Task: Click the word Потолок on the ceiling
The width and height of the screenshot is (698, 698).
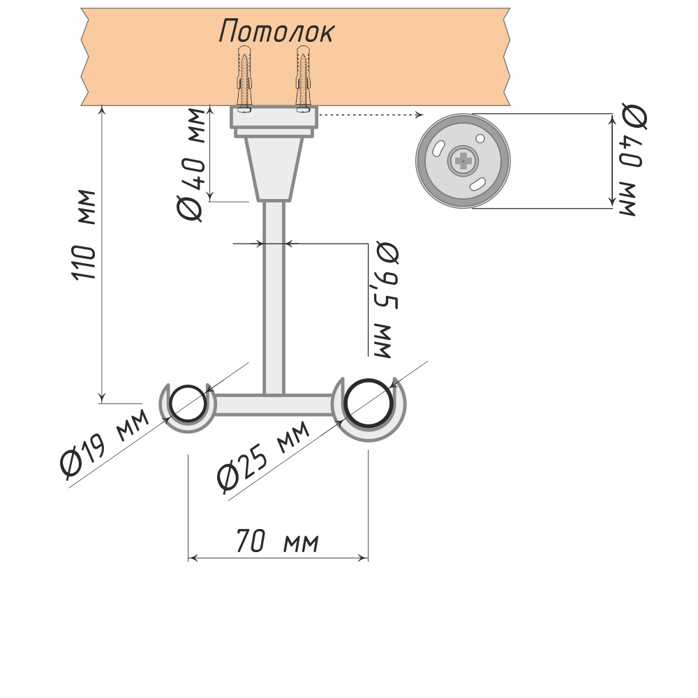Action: coord(277,31)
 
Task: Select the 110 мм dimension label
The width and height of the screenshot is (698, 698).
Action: coord(85,235)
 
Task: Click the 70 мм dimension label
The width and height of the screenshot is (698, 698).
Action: coord(277,541)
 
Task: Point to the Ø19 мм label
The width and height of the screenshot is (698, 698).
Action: coord(105,447)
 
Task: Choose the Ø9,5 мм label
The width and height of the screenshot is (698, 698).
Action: coord(384,300)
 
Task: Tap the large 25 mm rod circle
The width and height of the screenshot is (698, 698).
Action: coord(367,404)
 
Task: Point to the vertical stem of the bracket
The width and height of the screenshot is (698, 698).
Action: coord(274,293)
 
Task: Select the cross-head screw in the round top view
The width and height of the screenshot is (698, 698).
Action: coord(462,161)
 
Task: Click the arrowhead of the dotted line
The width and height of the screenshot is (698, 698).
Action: coord(419,114)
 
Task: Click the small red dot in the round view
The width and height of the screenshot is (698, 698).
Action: coord(481,138)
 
